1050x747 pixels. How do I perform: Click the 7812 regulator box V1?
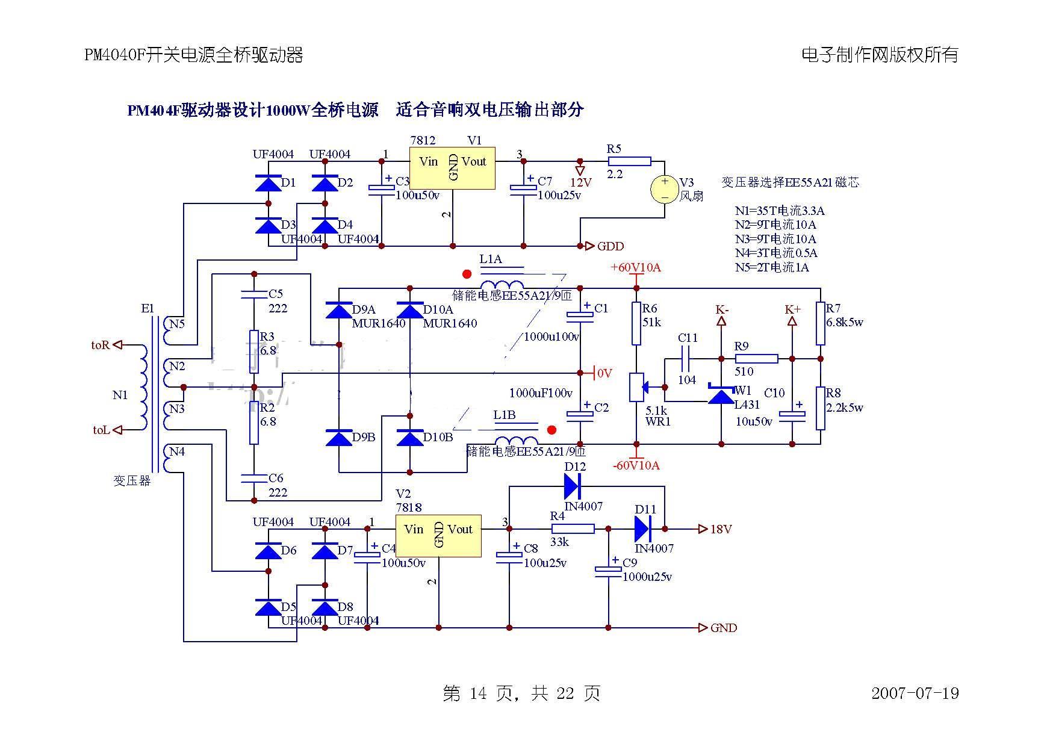point(452,168)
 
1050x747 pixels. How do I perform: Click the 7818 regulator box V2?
point(438,535)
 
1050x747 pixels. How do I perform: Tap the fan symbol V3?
point(665,189)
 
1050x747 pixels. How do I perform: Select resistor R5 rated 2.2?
point(629,161)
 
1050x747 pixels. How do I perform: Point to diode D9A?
point(338,311)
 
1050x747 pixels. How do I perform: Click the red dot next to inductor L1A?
point(467,274)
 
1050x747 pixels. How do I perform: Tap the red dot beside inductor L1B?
point(551,430)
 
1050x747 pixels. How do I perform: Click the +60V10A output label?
point(635,267)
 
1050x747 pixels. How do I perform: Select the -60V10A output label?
point(635,465)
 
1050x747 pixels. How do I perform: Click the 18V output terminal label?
point(721,529)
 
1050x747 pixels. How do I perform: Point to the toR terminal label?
point(101,345)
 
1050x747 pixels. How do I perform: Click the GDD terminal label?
point(610,246)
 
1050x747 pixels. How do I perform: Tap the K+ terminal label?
point(792,309)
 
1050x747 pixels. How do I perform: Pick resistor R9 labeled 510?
point(756,359)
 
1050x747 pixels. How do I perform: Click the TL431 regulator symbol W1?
point(721,395)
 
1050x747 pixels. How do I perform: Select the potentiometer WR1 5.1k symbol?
point(636,386)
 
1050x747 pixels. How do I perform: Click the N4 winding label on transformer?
point(176,451)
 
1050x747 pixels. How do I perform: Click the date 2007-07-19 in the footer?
point(915,693)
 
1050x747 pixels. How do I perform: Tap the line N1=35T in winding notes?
point(779,211)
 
